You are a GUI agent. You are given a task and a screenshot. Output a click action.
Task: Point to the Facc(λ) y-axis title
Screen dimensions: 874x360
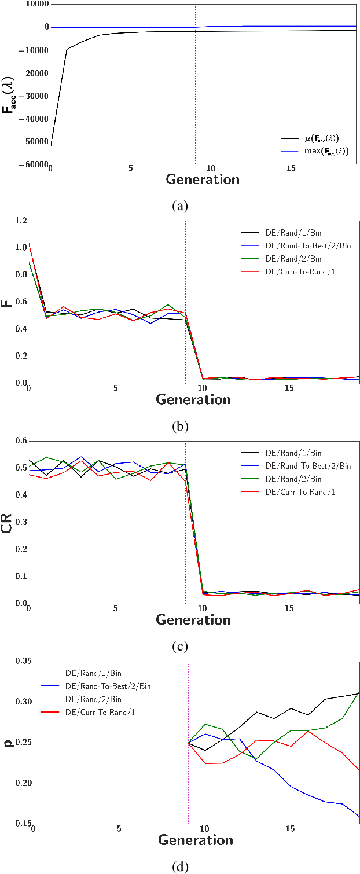point(9,85)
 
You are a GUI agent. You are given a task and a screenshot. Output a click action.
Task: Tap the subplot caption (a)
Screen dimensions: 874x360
point(180,205)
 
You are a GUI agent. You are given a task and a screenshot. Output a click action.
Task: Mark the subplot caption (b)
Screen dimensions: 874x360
point(180,427)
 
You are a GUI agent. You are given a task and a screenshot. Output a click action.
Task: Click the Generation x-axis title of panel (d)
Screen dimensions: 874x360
point(196,840)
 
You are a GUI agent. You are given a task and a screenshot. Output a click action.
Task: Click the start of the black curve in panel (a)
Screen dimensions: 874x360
point(51,146)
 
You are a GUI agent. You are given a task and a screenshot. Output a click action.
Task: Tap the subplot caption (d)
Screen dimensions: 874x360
point(180,866)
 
